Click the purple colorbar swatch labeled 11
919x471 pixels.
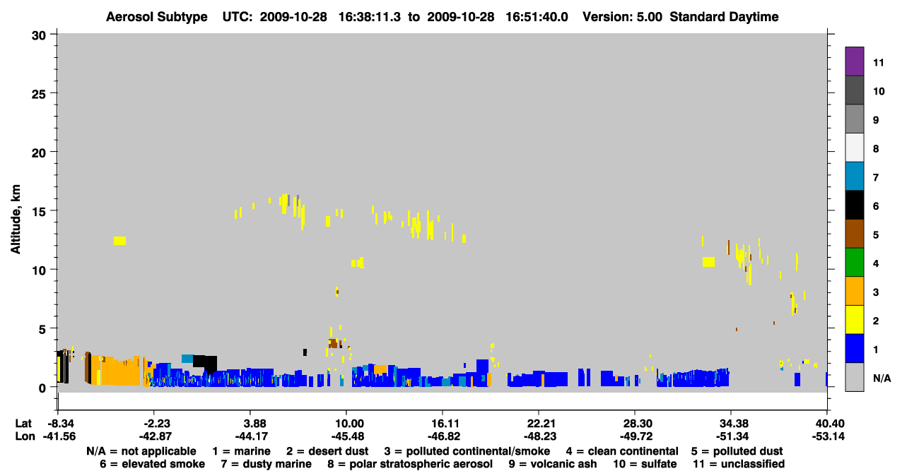click(x=854, y=61)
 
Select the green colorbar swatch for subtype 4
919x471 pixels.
click(x=854, y=263)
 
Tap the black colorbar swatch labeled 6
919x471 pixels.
click(x=854, y=205)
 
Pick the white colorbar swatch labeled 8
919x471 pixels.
click(x=854, y=148)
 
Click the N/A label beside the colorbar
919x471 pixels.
click(x=882, y=378)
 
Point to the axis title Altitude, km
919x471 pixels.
click(x=16, y=219)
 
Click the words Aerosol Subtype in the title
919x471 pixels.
click(x=157, y=17)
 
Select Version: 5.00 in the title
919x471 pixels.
click(x=622, y=17)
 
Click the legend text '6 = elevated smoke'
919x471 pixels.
click(x=152, y=464)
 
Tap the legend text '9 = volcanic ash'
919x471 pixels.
click(x=553, y=464)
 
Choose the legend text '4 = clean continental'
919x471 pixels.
click(x=622, y=451)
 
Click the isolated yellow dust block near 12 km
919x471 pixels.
click(x=119, y=241)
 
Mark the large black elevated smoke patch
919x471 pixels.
click(x=206, y=362)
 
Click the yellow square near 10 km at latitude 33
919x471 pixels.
click(x=708, y=262)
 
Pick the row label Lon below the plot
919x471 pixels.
click(x=25, y=436)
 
